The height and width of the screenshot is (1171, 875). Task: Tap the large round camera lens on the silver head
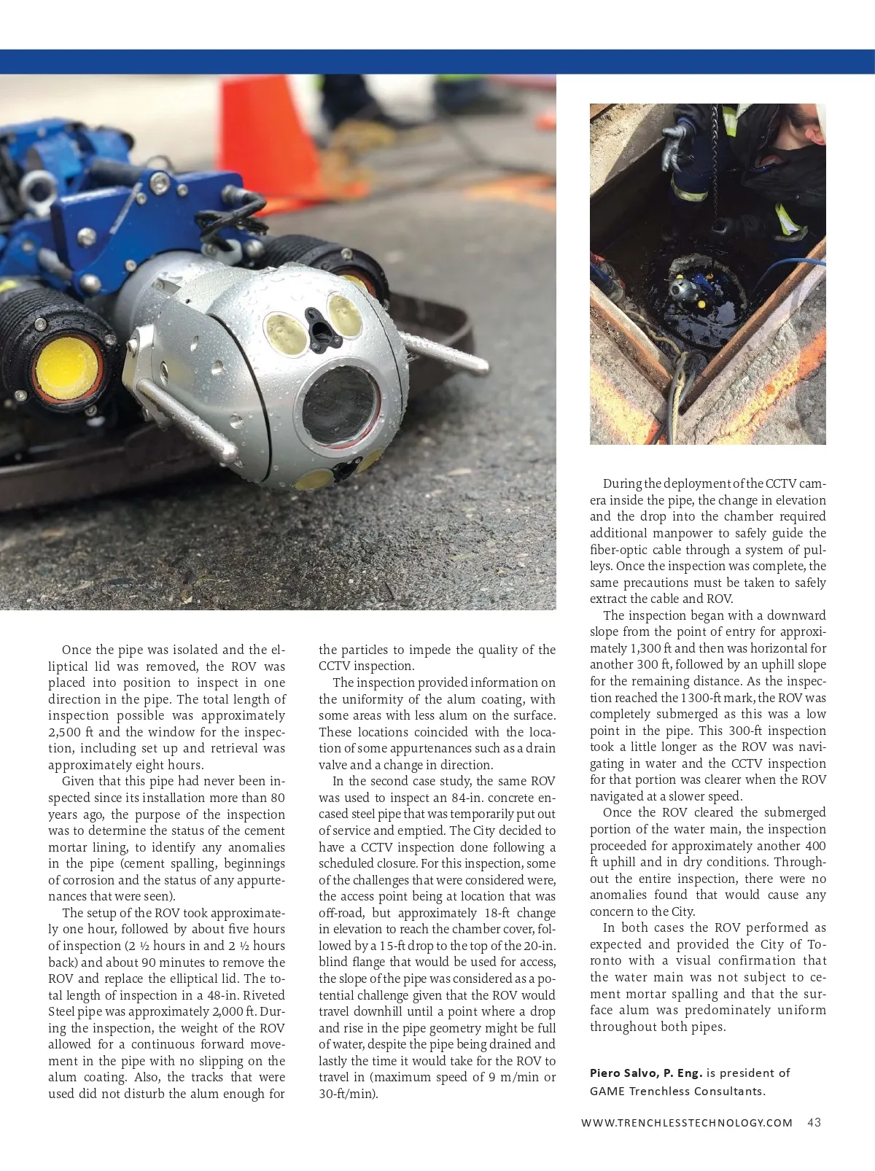[x=341, y=402]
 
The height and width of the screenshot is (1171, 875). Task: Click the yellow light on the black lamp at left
[x=66, y=369]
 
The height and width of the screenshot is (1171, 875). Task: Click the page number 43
[x=814, y=1122]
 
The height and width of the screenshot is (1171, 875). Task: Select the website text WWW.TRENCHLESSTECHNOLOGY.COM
[x=687, y=1123]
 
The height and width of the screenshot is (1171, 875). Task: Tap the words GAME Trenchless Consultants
[x=677, y=1091]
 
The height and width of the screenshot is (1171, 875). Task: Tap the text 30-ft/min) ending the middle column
[x=349, y=1094]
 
